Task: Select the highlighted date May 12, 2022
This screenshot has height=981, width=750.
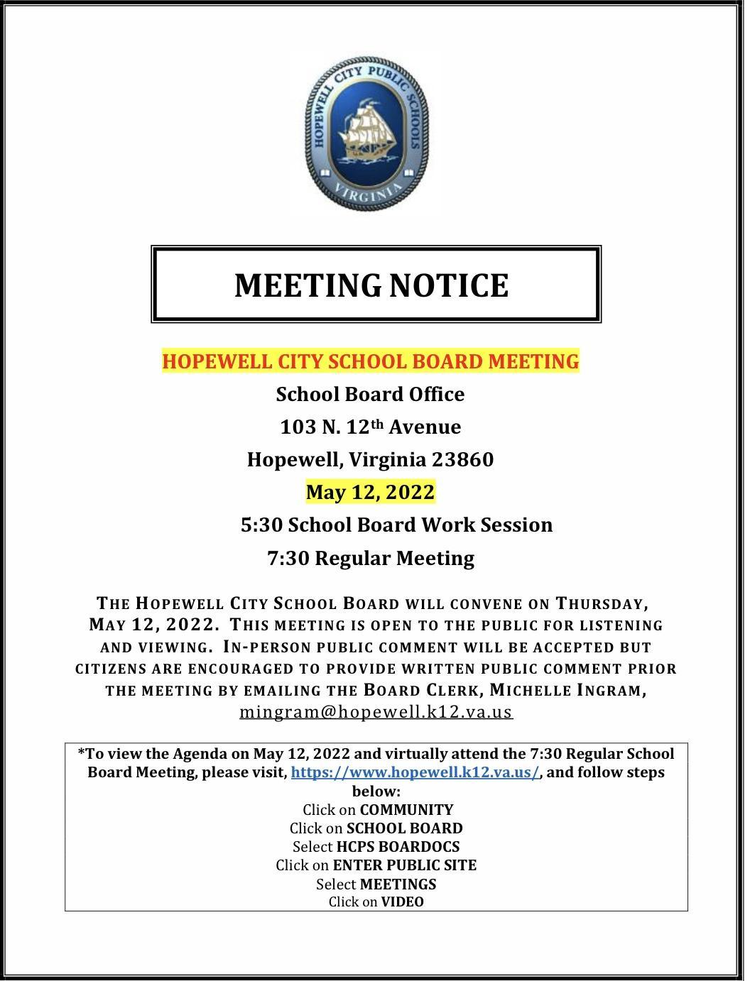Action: [370, 492]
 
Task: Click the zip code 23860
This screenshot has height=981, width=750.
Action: [462, 459]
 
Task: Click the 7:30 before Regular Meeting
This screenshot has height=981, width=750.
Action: [288, 559]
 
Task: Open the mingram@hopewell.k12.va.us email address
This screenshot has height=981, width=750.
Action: [376, 711]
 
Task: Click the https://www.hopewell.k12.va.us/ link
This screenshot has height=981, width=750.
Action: [415, 772]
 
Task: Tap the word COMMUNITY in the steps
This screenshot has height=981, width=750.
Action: [406, 810]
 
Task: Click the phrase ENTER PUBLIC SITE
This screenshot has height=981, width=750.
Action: [405, 865]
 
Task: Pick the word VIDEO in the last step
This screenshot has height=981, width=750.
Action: [402, 902]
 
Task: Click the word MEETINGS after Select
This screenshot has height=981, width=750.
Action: [398, 884]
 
